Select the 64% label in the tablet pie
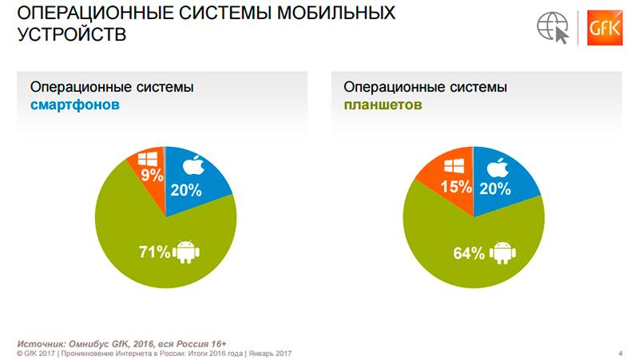tap(470, 254)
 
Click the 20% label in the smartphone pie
tap(185, 190)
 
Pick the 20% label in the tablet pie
tap(496, 190)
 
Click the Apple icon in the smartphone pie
tap(194, 166)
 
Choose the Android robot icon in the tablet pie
tap(501, 254)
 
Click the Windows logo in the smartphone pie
tap(149, 156)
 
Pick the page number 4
tap(621, 352)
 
